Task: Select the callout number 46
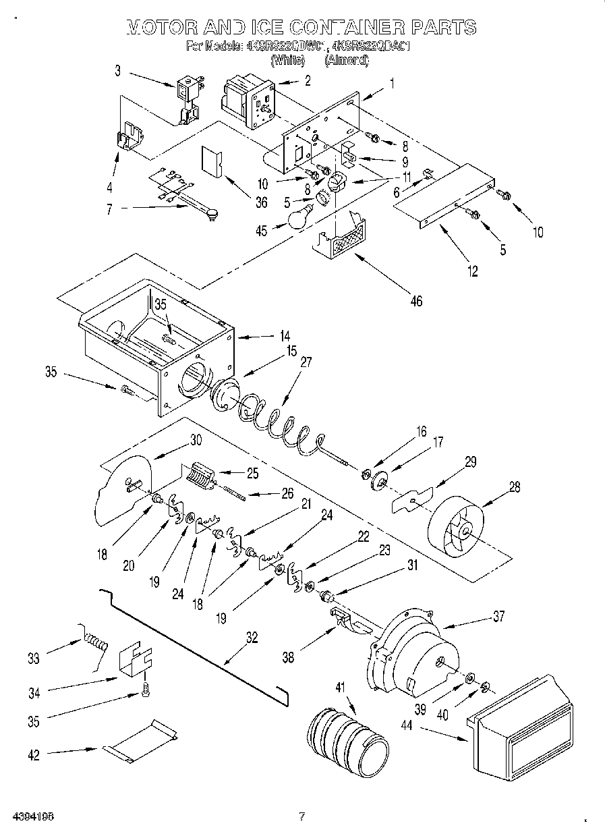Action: coord(416,301)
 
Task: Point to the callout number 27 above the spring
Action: coord(306,362)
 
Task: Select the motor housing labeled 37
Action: coord(411,651)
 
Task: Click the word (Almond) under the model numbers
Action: coord(347,60)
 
